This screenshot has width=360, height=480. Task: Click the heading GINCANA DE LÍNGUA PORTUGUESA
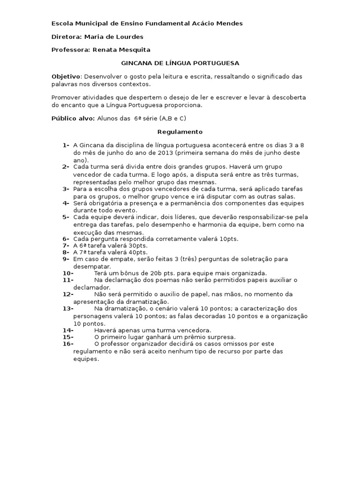click(180, 62)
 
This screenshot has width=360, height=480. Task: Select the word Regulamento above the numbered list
click(180, 132)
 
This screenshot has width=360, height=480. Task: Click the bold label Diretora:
click(66, 37)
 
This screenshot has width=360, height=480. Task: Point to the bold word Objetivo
click(66, 76)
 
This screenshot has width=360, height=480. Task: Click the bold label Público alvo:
click(73, 118)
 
